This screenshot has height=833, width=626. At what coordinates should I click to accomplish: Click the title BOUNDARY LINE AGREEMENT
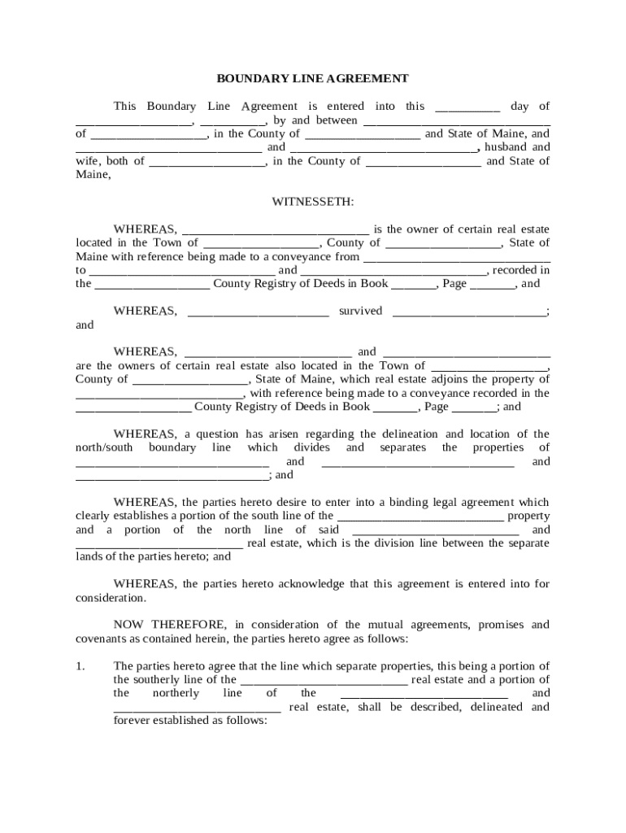point(312,79)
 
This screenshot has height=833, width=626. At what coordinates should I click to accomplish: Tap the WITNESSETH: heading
point(312,201)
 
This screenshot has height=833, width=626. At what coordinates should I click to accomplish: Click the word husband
point(507,147)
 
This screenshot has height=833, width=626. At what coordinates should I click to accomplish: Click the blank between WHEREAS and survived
point(259,312)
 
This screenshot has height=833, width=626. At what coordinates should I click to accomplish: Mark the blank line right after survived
point(469,312)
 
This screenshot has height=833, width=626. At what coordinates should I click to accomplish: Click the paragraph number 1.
point(80,666)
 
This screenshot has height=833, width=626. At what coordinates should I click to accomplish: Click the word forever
point(131,721)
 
